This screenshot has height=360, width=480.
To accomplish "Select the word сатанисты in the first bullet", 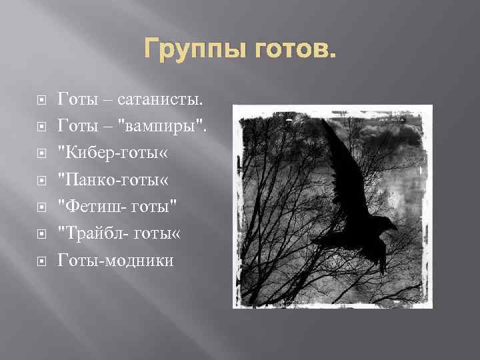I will click(x=160, y=100).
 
